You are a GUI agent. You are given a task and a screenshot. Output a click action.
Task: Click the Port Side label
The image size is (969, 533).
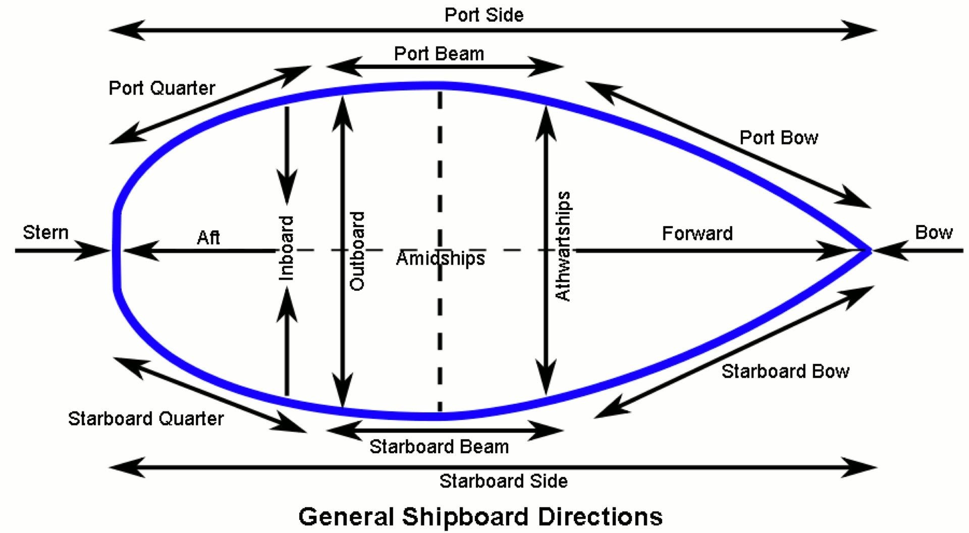click(x=483, y=15)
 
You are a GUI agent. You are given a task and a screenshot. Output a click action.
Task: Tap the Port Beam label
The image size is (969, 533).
click(x=439, y=54)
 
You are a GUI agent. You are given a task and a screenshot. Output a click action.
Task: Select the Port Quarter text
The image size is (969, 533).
click(x=161, y=88)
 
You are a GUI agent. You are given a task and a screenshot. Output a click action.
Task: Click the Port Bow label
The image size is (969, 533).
click(x=778, y=138)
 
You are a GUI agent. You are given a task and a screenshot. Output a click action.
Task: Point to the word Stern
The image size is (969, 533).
click(x=45, y=233)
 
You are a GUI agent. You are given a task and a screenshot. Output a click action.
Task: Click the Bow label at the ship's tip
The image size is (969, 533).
click(x=933, y=233)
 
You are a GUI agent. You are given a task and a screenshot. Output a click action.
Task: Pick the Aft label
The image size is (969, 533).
click(x=208, y=237)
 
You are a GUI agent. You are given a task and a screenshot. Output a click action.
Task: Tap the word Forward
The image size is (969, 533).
click(x=697, y=234)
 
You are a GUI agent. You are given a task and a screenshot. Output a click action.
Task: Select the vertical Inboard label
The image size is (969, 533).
click(x=286, y=248)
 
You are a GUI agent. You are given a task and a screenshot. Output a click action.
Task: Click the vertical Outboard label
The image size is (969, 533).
click(x=357, y=251)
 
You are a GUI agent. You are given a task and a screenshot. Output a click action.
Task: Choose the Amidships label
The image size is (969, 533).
click(x=440, y=258)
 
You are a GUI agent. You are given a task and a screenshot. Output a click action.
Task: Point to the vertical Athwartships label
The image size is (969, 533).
click(x=563, y=246)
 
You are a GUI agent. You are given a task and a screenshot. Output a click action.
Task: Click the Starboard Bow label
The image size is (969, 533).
click(x=785, y=371)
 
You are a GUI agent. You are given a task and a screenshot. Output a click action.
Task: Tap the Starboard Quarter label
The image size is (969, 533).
click(x=145, y=418)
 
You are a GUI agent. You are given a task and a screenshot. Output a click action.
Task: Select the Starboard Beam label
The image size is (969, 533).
click(x=439, y=447)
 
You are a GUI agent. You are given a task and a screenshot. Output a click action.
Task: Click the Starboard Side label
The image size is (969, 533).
click(x=503, y=481)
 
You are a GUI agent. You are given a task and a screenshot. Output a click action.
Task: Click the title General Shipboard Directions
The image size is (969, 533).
click(x=480, y=517)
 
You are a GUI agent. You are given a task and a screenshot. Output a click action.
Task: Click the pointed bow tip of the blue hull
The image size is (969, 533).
click(x=869, y=250)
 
